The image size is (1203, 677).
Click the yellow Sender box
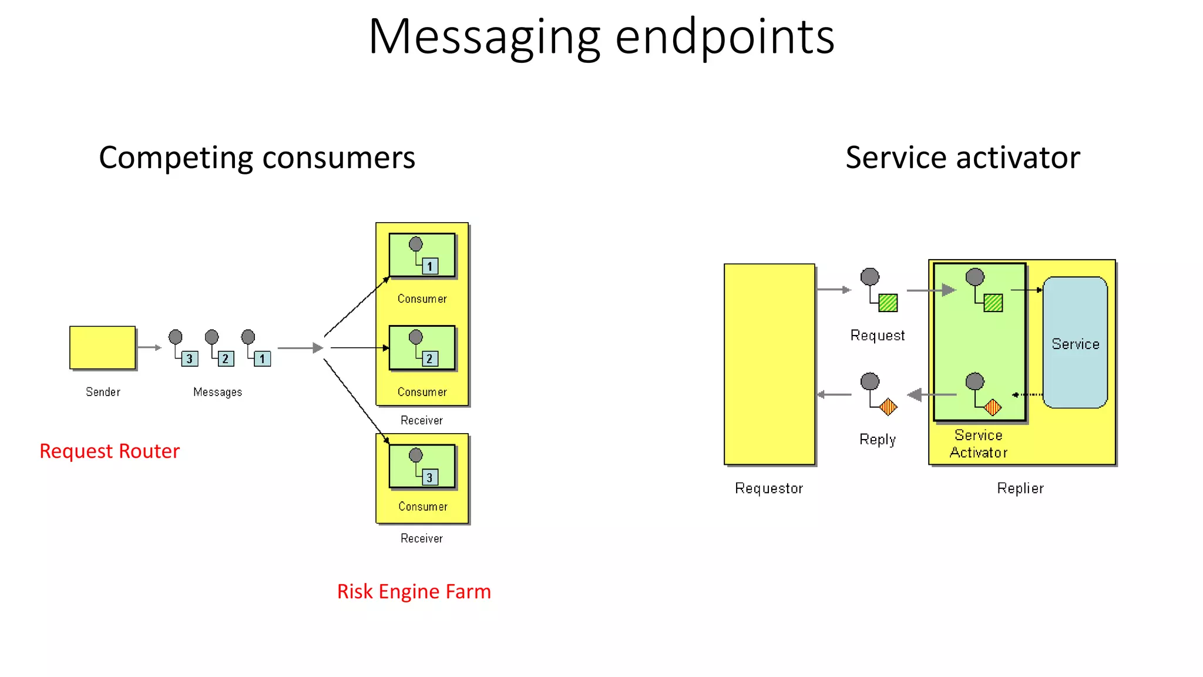(x=102, y=347)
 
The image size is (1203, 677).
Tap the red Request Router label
(x=109, y=451)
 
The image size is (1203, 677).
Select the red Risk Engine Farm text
(x=414, y=591)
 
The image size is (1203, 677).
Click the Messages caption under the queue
(x=217, y=392)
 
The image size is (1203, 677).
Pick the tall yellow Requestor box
(x=769, y=364)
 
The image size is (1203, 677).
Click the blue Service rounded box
(x=1075, y=343)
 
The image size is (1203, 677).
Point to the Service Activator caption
(x=978, y=444)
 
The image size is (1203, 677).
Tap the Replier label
(x=1020, y=488)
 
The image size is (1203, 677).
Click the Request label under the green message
(x=877, y=336)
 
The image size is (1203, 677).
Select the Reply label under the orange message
(x=877, y=440)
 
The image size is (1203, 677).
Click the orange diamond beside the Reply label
(x=888, y=407)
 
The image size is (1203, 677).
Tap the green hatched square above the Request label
(x=888, y=303)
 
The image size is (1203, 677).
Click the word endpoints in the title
(x=724, y=36)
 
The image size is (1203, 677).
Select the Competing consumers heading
(x=257, y=157)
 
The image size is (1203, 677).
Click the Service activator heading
(x=962, y=157)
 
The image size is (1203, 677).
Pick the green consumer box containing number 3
(x=422, y=467)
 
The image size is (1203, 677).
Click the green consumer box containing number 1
(x=422, y=255)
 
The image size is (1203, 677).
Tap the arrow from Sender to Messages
(x=149, y=347)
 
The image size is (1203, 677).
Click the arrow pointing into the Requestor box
(x=834, y=394)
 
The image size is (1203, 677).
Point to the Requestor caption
(x=768, y=488)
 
